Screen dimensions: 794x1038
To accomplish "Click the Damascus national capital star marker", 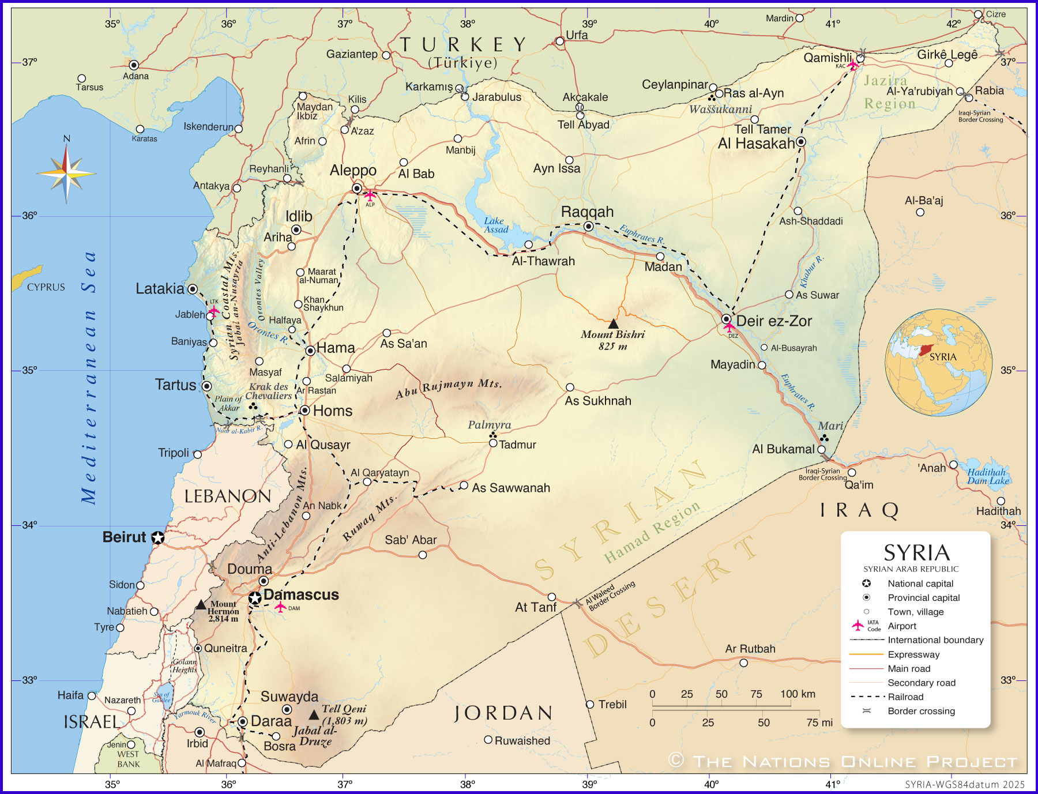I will coord(255,598).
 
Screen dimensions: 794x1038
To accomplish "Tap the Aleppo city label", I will coord(353,171).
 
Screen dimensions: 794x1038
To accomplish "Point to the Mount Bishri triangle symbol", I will coord(613,324).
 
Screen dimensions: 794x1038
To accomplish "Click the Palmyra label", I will coord(489,425).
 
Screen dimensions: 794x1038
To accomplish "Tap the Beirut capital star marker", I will coord(157,537).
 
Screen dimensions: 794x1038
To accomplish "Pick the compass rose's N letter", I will coord(66,138).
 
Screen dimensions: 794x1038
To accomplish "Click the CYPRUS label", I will coord(46,287).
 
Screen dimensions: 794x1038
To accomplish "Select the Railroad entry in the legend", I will coord(905,697).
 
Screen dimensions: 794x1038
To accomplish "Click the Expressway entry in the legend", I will coord(913,654).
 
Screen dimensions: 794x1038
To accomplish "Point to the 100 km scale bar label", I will coord(798,694).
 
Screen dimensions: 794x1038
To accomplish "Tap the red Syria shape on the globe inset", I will coord(924,349).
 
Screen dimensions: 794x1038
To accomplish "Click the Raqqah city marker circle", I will coord(588,226).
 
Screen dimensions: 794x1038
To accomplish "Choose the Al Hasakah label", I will coord(755,144).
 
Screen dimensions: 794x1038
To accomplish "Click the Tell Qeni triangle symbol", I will coord(314,715).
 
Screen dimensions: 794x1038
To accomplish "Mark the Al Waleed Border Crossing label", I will coord(610,596).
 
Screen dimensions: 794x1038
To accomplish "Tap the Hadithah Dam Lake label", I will coord(988,476).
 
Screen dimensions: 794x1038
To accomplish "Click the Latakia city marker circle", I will coord(193,289).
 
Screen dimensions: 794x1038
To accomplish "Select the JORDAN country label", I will coord(503,713).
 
